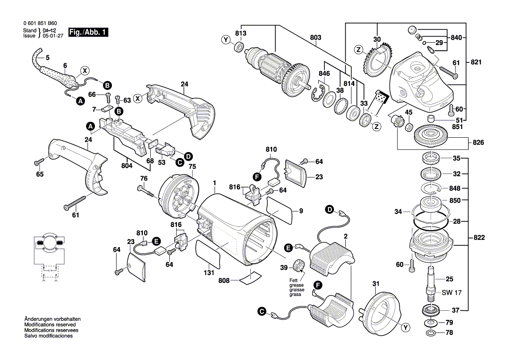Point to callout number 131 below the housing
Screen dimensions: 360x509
(x=209, y=273)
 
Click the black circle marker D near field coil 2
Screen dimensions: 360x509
(x=330, y=211)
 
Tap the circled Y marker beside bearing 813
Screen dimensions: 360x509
(x=226, y=40)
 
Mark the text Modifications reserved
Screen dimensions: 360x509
(x=50, y=325)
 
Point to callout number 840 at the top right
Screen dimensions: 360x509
(x=456, y=38)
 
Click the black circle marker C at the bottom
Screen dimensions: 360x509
(x=261, y=311)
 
